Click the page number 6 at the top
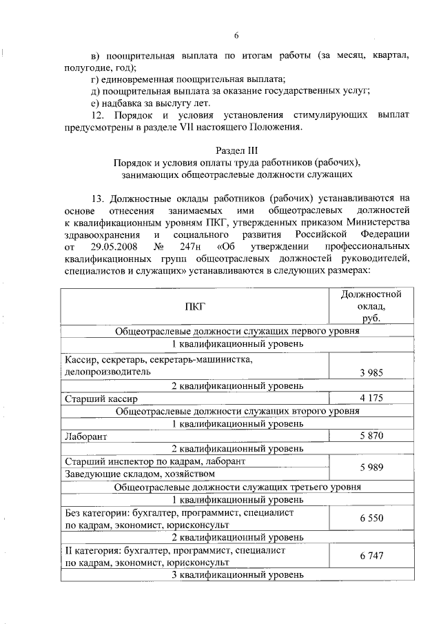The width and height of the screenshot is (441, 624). coord(236,35)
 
